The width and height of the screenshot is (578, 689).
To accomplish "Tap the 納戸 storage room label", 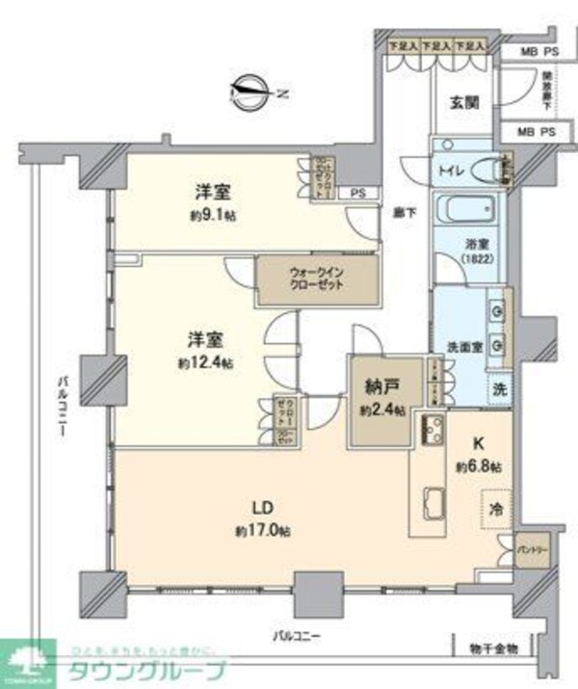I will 380,390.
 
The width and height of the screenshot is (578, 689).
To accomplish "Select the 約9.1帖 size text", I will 210,213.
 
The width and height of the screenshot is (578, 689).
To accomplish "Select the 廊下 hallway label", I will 402,213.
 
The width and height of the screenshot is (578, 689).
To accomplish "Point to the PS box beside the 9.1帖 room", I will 357,192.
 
